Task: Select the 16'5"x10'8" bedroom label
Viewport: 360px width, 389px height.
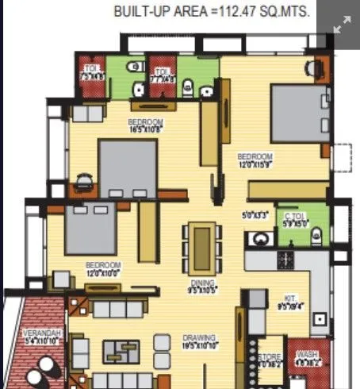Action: (145, 125)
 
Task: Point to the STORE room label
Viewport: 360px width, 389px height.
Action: (269, 360)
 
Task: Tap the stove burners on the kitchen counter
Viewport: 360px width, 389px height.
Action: (283, 259)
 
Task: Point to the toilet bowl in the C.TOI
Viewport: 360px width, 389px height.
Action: (316, 235)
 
